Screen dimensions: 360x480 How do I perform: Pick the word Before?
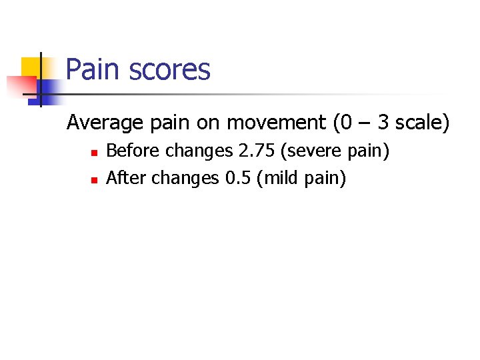[133, 152]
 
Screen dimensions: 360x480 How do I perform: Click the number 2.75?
[257, 152]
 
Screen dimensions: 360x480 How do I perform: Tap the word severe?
[314, 152]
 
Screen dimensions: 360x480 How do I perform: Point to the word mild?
[283, 178]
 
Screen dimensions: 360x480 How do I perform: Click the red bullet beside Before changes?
[95, 153]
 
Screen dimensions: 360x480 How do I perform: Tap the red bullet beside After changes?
[95, 179]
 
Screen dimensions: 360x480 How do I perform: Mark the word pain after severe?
[366, 152]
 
